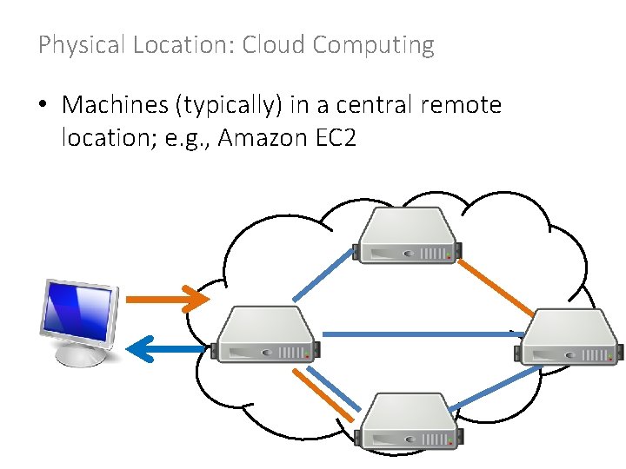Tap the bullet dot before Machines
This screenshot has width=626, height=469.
coord(43,107)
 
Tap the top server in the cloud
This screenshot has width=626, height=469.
coord(409,236)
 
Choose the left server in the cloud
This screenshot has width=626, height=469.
coord(266,334)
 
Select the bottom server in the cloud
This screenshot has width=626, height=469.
coord(409,421)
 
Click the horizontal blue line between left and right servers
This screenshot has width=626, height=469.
coord(417,334)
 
